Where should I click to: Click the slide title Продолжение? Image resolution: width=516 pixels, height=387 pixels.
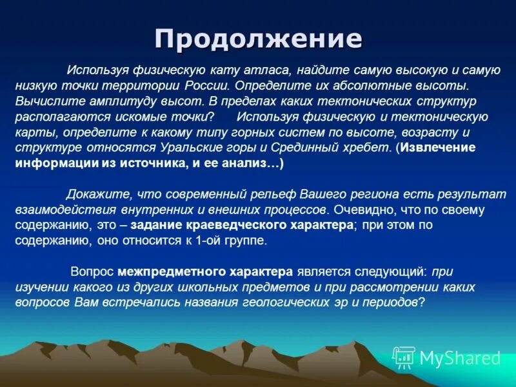coord(258,39)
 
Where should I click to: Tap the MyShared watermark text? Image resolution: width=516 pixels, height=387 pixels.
coord(459,358)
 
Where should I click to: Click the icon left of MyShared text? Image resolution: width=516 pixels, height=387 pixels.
coord(404,357)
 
